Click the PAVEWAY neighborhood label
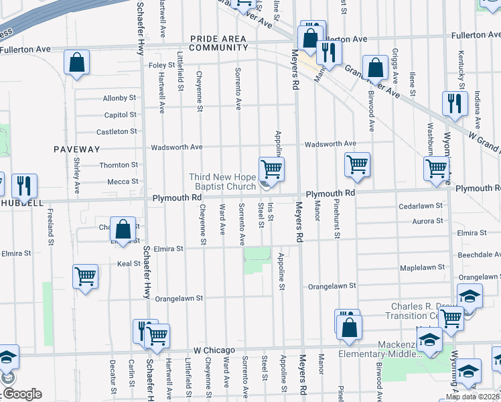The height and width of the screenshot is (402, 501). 78,149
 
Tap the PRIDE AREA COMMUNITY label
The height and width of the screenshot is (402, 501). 218,44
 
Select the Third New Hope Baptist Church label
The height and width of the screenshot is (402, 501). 222,182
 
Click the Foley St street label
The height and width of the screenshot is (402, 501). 161,65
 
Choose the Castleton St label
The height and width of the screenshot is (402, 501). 117,132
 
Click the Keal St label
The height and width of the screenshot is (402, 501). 128,264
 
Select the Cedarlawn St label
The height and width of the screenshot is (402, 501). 421,206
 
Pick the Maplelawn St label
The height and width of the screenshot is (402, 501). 421,267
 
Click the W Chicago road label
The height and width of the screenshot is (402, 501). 214,350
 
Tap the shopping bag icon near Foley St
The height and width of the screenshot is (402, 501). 77,64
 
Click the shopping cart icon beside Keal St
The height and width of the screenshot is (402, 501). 86,275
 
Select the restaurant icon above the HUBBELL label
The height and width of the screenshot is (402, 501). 24,186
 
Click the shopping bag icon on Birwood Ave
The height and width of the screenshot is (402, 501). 375,66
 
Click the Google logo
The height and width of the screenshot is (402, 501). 21,394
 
